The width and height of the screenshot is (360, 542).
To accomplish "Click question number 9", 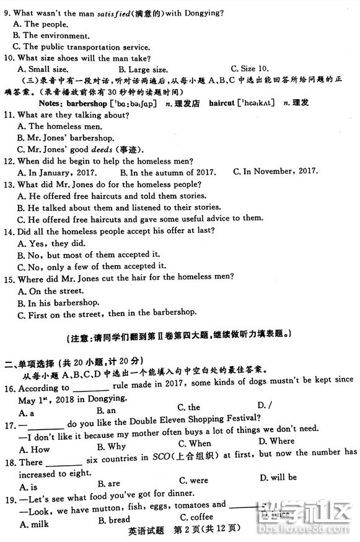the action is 7,12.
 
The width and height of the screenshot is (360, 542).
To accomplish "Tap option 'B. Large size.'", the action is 143,69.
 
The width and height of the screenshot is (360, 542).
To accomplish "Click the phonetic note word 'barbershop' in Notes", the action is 86,103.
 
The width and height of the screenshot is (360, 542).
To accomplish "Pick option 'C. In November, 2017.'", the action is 275,171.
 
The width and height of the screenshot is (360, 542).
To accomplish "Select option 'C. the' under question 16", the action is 188,407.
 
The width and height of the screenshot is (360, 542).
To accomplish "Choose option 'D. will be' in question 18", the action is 278,477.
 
